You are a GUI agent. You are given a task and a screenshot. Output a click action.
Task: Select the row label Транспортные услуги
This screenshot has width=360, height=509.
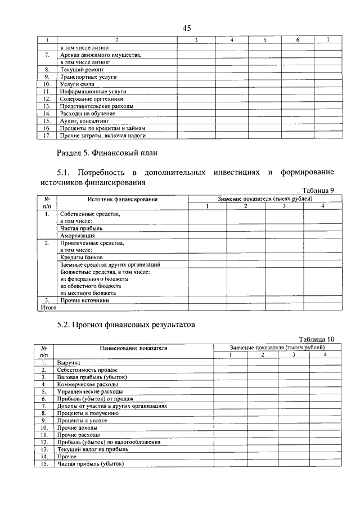[x=88, y=77]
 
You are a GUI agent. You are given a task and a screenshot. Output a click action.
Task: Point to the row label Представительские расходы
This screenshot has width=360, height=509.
[x=97, y=106]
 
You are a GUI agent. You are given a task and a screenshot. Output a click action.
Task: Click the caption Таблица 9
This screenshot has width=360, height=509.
[x=318, y=191]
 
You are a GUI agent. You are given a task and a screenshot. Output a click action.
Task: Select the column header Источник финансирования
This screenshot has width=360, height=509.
[x=122, y=199]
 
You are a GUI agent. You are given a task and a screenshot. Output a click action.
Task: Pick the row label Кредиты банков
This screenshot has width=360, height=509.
[x=81, y=257]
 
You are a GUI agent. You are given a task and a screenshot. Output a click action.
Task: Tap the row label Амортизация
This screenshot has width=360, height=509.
[x=78, y=236]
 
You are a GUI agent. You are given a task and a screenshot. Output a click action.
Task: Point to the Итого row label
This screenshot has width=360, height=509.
[x=48, y=308]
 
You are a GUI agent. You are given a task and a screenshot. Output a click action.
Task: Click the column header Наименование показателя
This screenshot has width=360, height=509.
[x=134, y=348]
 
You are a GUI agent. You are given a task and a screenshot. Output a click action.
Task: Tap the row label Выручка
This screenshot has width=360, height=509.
[x=68, y=363]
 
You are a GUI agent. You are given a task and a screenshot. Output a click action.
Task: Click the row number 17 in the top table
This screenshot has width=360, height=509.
[x=47, y=136]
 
